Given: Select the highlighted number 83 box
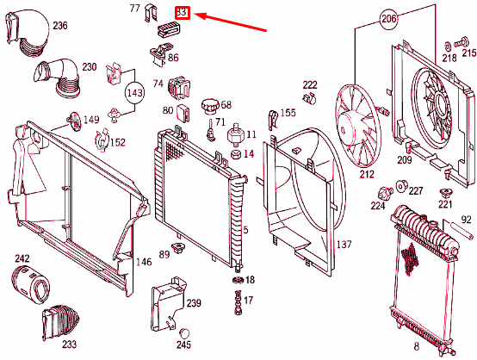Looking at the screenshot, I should [183, 13].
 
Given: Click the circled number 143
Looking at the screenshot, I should [134, 91].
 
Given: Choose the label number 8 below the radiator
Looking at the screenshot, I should [416, 346].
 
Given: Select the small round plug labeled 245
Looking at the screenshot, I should [183, 333].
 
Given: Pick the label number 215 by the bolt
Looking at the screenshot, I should [468, 53].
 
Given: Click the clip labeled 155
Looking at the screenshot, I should [272, 115].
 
